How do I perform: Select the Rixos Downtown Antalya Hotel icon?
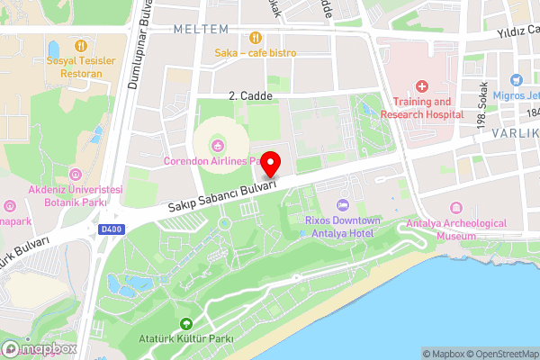(x=341, y=207)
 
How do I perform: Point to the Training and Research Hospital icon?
(x=421, y=86)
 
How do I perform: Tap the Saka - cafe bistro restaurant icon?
(x=256, y=38)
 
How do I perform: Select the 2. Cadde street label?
(x=250, y=94)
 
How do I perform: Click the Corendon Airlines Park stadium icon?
(x=217, y=145)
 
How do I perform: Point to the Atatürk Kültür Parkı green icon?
(x=186, y=324)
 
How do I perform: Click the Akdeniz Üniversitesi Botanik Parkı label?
(x=75, y=196)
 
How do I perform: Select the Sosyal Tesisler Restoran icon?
(x=80, y=44)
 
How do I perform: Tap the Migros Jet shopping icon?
(x=516, y=80)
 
